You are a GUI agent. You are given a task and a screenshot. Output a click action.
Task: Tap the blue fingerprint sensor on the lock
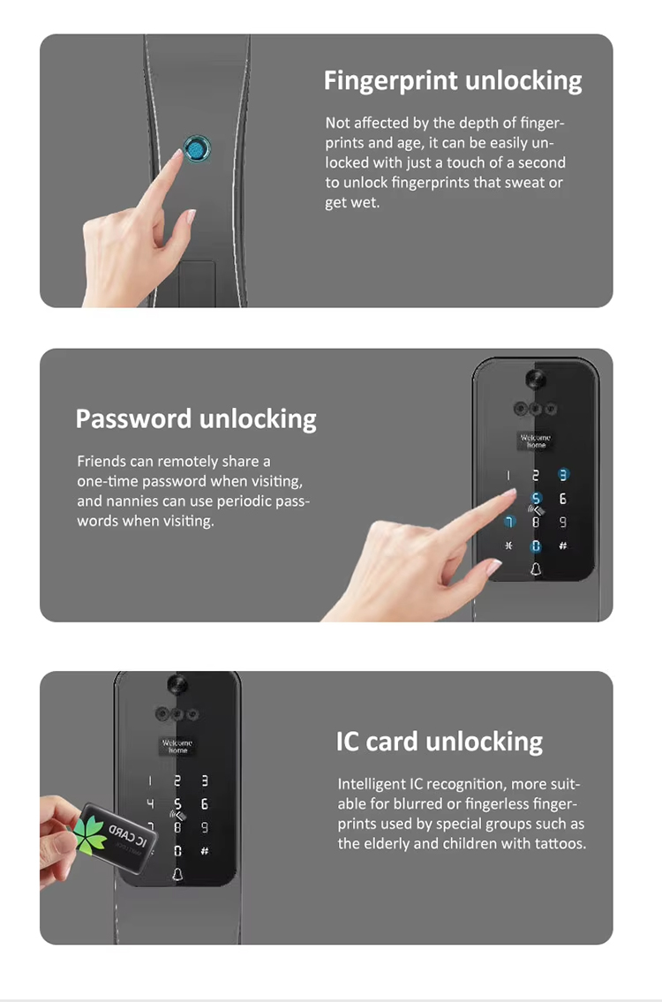tap(195, 149)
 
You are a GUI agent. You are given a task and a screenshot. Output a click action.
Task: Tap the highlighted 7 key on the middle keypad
tap(508, 523)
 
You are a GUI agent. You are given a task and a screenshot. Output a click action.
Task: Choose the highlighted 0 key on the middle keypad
tap(535, 546)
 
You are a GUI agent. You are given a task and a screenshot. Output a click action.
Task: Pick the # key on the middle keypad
tap(562, 546)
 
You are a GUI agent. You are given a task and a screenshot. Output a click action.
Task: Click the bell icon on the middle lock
tap(535, 570)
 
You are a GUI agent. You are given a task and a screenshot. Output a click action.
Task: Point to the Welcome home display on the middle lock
tap(535, 441)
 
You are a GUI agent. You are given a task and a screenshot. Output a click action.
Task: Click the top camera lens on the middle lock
tap(535, 380)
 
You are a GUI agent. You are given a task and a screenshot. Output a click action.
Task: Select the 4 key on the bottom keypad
tap(150, 804)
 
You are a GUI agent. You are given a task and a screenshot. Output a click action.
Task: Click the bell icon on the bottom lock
tap(177, 875)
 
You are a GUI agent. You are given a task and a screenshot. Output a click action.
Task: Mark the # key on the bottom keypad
tap(204, 851)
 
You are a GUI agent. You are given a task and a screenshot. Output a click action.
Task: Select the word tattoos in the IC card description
tap(555, 843)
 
